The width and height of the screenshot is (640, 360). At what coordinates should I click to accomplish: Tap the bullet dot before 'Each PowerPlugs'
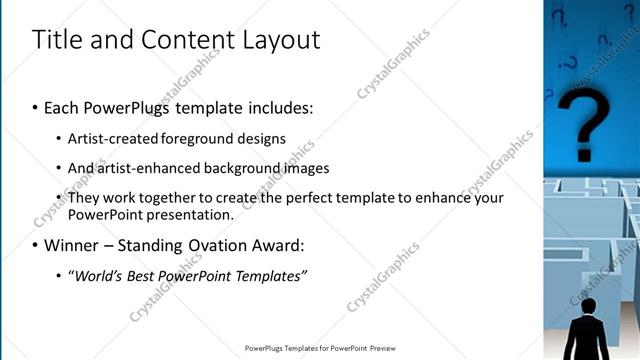(35, 107)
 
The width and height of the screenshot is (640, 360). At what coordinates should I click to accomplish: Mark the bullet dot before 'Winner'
(35, 245)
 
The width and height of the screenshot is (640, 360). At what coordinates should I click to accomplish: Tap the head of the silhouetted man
(589, 305)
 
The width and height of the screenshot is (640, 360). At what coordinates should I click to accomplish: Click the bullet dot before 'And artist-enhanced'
(59, 168)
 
